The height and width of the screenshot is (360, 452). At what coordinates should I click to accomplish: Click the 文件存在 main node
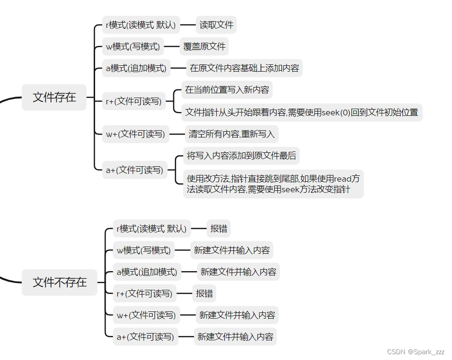point(54,97)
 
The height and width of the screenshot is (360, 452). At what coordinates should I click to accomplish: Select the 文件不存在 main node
point(60,282)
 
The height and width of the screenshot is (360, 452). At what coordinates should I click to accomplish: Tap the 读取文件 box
point(216,25)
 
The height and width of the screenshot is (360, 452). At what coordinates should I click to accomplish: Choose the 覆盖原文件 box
point(204,47)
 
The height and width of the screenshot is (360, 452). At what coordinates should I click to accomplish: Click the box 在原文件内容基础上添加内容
point(244,68)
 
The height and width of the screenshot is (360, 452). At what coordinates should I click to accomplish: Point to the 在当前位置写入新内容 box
point(227,90)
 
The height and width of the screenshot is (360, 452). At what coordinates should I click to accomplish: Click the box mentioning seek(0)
point(302,112)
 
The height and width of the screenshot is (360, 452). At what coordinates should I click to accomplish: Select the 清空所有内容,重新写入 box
point(232,134)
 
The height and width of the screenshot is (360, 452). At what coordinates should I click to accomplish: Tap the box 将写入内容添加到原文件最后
point(241,156)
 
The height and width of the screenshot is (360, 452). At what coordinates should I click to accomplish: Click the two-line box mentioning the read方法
point(273,184)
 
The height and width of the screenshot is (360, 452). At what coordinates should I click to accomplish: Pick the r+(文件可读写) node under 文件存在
point(134,101)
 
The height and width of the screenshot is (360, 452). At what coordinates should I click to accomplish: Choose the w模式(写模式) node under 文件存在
point(133,47)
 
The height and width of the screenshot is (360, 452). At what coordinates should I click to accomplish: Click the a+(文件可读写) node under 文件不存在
point(145,337)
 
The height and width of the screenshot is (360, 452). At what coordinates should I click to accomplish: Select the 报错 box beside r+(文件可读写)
point(205,293)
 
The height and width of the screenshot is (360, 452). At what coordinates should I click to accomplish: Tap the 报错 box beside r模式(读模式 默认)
point(219,229)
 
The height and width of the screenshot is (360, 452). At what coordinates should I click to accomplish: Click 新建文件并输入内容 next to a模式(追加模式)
point(238,272)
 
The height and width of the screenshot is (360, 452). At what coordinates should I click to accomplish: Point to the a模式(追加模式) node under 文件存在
point(136,68)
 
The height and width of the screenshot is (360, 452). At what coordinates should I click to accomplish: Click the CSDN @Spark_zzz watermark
point(415,352)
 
